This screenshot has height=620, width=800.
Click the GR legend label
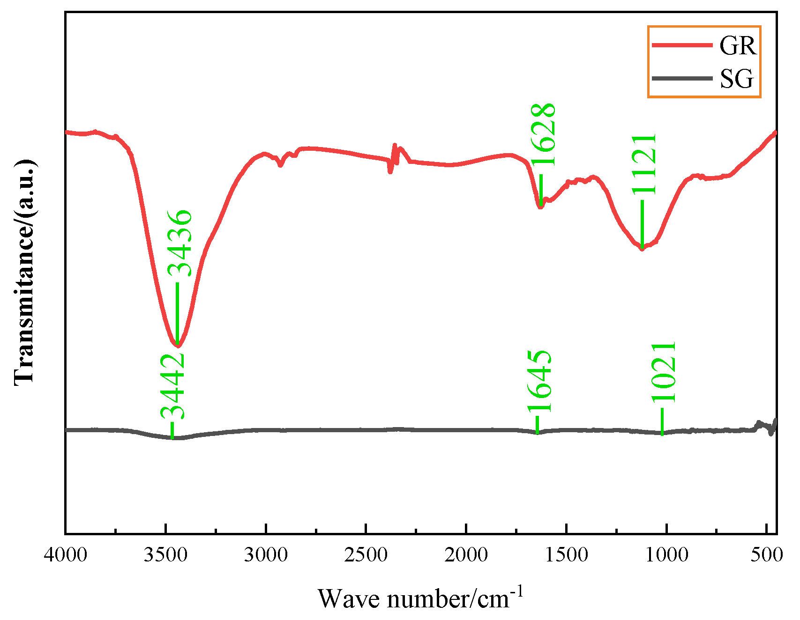[738, 46]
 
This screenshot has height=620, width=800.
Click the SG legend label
[737, 79]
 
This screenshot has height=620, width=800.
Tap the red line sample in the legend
[682, 45]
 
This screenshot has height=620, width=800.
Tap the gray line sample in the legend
[682, 78]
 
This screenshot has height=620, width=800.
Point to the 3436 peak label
[180, 244]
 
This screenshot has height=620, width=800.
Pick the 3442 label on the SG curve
[172, 387]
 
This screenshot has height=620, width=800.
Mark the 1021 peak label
[664, 372]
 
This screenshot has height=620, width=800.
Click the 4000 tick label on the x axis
[66, 555]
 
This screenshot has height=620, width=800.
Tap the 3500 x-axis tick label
[166, 555]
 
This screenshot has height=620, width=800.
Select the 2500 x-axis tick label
[366, 555]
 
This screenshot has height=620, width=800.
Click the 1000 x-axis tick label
[666, 555]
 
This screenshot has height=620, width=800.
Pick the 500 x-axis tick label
[767, 555]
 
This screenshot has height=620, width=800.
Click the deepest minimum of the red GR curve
[177, 346]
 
